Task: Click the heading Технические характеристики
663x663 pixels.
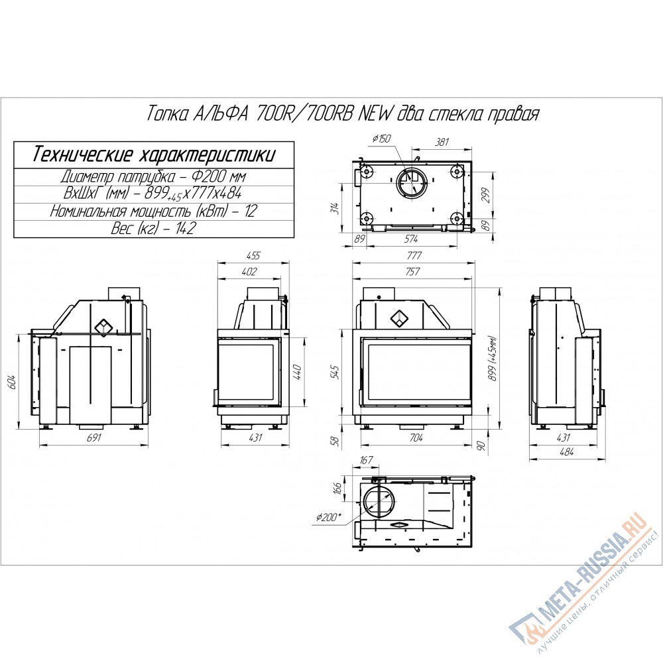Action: (154, 155)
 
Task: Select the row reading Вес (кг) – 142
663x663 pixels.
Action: (154, 229)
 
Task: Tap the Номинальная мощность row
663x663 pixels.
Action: (154, 211)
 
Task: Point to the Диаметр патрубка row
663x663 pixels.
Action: (154, 176)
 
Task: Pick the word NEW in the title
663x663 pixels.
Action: (378, 114)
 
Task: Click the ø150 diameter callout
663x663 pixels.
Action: (381, 139)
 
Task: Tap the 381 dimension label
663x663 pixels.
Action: (442, 142)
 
